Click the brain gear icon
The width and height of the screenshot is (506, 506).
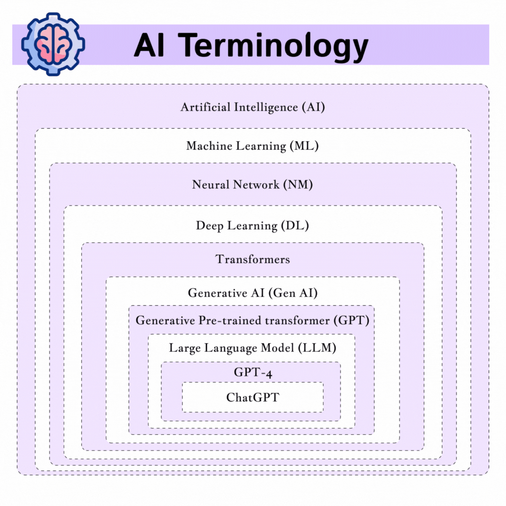[53, 44]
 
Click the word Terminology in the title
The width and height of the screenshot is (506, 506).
[274, 46]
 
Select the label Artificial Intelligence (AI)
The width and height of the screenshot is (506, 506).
[253, 107]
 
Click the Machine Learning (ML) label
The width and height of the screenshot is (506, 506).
[253, 146]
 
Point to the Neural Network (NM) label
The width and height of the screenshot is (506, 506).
[253, 185]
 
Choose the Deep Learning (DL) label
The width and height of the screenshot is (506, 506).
[253, 226]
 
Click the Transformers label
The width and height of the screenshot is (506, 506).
[253, 259]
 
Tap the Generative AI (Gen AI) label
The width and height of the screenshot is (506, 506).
[253, 293]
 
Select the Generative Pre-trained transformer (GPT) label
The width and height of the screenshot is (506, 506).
[252, 320]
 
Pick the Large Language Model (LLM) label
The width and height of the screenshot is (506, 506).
[253, 348]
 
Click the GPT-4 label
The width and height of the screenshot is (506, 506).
[253, 372]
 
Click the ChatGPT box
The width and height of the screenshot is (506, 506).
[253, 397]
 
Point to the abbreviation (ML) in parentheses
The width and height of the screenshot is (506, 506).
[304, 146]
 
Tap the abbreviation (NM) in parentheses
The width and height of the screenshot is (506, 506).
[298, 185]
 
